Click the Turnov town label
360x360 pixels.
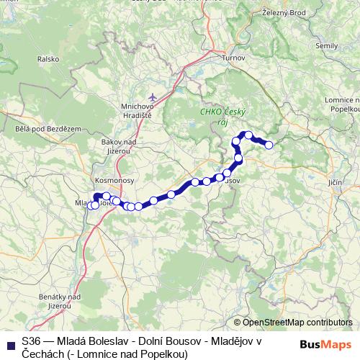click(x=234, y=58)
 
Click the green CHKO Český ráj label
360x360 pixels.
click(x=222, y=115)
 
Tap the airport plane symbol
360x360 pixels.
click(x=151, y=96)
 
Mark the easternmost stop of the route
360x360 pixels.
click(x=269, y=145)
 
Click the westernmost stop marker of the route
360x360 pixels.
click(x=89, y=206)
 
